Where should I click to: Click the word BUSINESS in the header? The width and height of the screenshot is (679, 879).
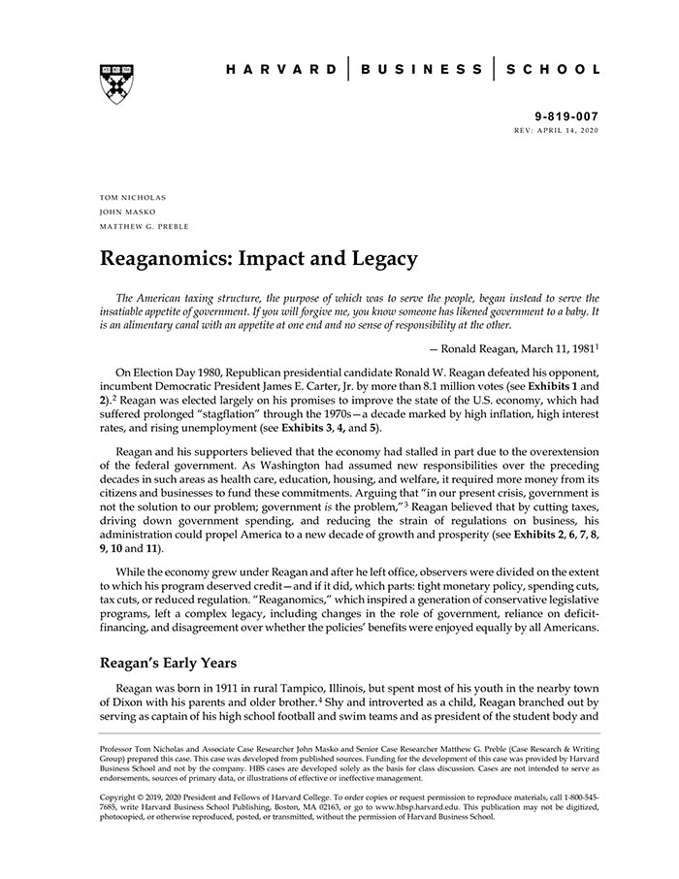(x=421, y=69)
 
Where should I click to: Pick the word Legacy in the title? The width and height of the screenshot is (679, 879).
(x=382, y=259)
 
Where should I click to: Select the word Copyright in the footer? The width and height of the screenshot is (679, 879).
(x=121, y=797)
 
